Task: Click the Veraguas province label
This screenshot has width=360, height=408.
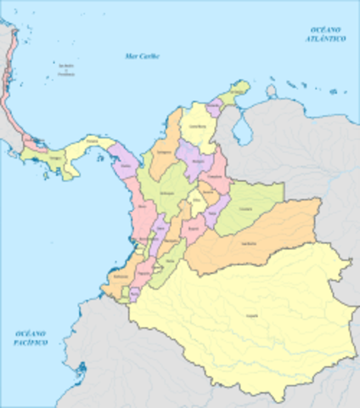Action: click(56, 157)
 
